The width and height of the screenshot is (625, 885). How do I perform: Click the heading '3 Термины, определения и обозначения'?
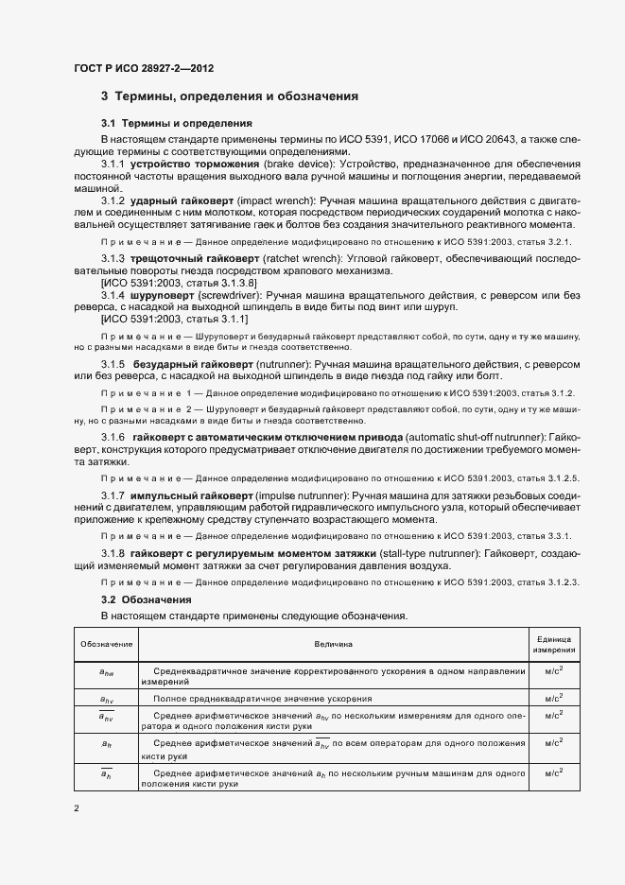point(229,96)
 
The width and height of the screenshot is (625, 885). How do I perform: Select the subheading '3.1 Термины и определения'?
point(176,123)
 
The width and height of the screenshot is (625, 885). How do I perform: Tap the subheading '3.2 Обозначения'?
point(146,599)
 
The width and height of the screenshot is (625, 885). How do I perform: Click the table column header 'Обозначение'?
point(106,644)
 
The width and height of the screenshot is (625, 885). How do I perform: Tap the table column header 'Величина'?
point(333,644)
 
